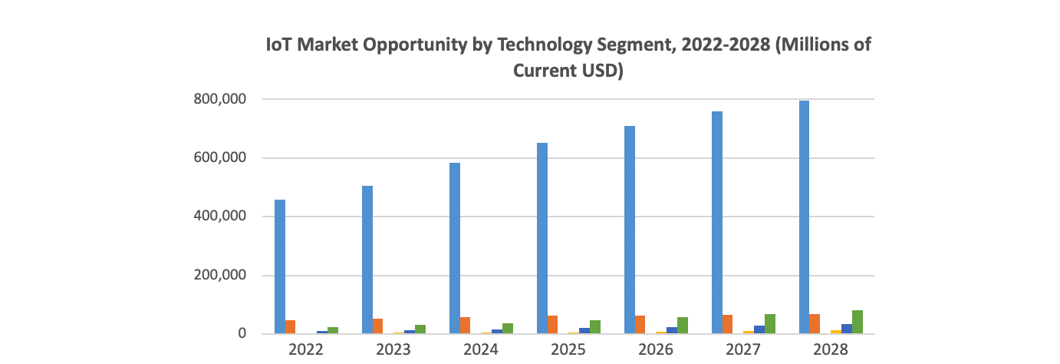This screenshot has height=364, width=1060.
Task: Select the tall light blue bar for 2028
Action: click(x=805, y=217)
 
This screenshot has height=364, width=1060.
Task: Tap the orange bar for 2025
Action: click(x=553, y=325)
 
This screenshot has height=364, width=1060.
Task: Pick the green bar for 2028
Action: click(x=857, y=322)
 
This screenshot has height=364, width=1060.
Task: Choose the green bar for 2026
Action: click(x=683, y=326)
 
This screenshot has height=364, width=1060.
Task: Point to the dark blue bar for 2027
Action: click(x=759, y=329)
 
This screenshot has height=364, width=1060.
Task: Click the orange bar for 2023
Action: click(x=378, y=326)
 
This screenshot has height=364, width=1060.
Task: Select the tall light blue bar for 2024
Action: click(x=455, y=248)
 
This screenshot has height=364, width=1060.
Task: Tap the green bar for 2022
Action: click(x=333, y=330)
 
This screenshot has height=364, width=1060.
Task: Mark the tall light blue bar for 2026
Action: click(x=630, y=230)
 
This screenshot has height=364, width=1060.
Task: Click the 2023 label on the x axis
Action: click(x=394, y=350)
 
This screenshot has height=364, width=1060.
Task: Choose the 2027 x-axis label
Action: click(x=743, y=350)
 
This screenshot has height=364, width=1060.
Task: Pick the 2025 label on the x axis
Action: click(x=568, y=350)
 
